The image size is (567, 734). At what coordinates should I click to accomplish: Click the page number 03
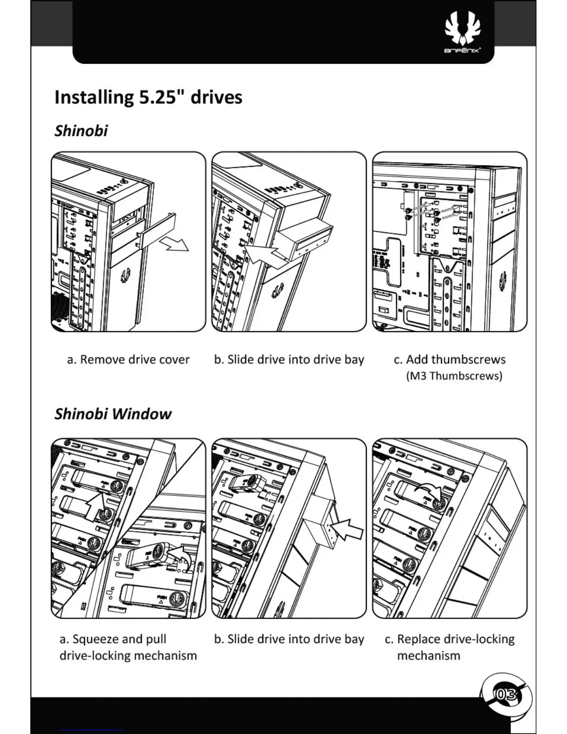coord(505,694)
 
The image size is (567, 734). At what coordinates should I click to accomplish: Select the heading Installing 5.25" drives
coord(148,97)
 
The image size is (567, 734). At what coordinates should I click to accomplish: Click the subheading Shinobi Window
coord(113,413)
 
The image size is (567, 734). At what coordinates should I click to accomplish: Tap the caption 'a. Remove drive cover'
coord(128,360)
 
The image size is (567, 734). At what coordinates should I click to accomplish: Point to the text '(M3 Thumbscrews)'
coord(454,375)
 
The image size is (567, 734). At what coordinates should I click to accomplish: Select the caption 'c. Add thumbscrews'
coord(449,360)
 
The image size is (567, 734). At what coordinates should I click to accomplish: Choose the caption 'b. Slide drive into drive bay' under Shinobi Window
coord(289,639)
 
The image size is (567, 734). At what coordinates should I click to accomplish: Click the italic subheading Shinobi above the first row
coord(81,131)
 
